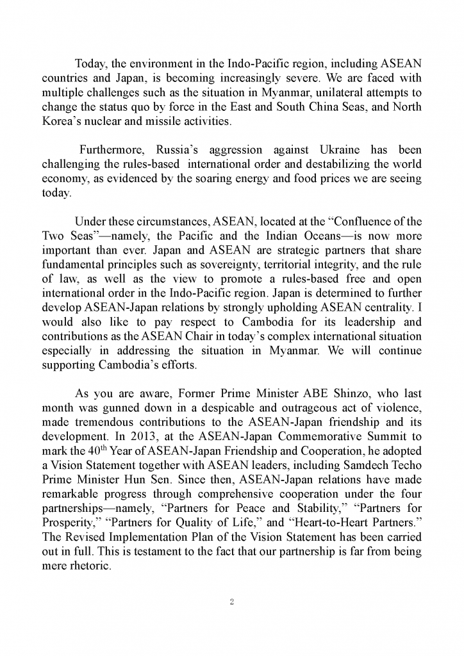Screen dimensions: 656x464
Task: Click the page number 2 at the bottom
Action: (x=232, y=602)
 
